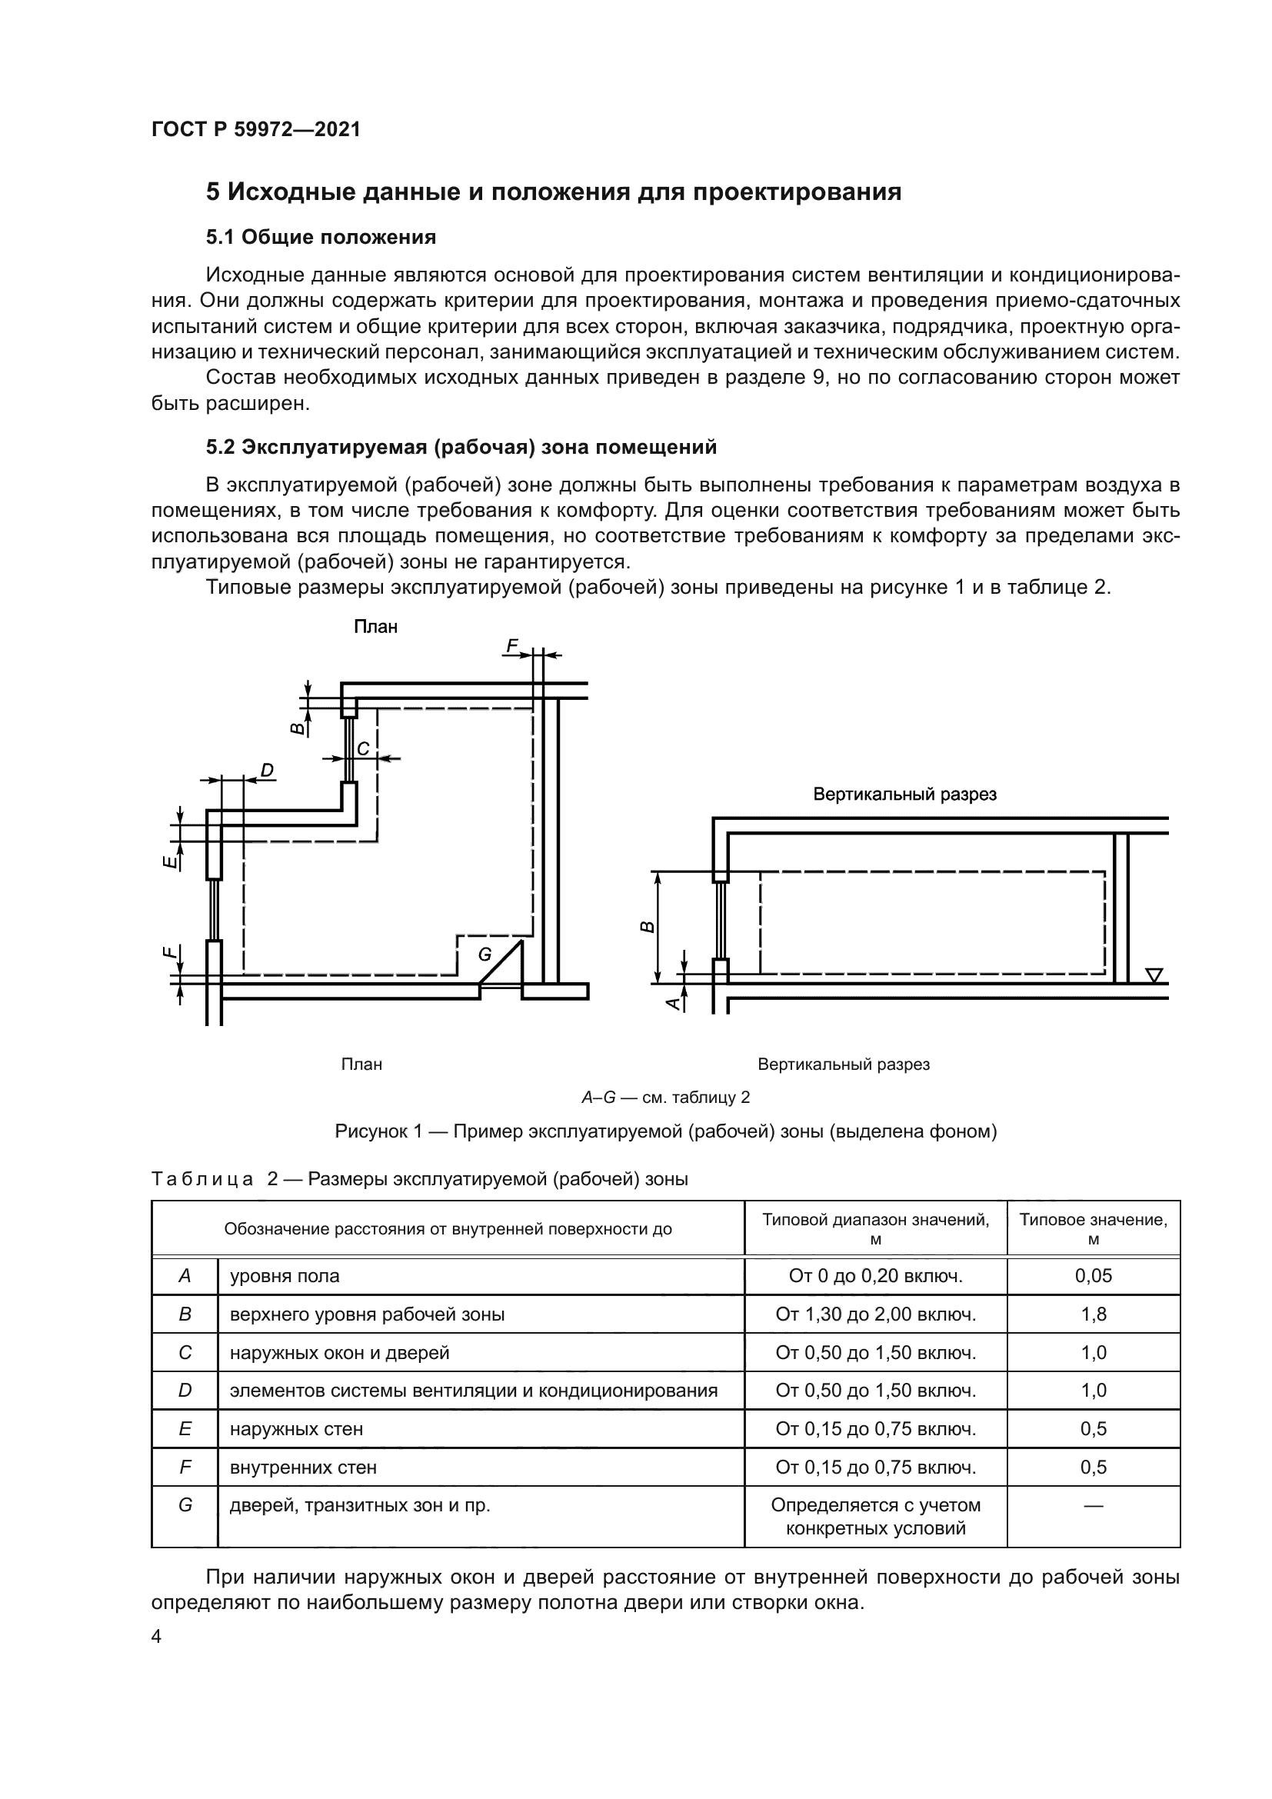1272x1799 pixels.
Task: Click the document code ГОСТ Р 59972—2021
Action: (x=256, y=129)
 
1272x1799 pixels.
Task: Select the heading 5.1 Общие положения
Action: (x=321, y=237)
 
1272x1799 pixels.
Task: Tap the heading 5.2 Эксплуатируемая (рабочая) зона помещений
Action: (x=461, y=447)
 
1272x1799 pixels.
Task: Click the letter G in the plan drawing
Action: (x=484, y=954)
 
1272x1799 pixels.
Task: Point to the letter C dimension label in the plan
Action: (x=364, y=749)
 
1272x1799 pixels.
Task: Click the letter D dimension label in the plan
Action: (x=267, y=771)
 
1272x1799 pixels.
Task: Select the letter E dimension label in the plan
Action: (x=168, y=862)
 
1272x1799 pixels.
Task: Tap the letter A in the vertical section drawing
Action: (x=672, y=1003)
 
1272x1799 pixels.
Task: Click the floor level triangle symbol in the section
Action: (x=1154, y=974)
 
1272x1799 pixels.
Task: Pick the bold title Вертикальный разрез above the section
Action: (x=904, y=795)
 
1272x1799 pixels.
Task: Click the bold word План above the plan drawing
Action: (x=376, y=627)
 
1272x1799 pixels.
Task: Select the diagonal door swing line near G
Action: (x=501, y=962)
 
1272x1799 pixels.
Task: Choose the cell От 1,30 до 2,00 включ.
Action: (x=876, y=1314)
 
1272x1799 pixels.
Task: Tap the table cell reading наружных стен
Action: (x=296, y=1429)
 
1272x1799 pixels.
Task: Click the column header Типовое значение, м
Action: (x=1094, y=1228)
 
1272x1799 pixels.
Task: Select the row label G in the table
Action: (x=185, y=1505)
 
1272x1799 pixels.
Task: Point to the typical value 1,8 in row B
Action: (x=1094, y=1314)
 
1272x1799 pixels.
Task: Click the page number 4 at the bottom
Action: (x=156, y=1637)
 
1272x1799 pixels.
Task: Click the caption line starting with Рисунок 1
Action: (x=666, y=1131)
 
